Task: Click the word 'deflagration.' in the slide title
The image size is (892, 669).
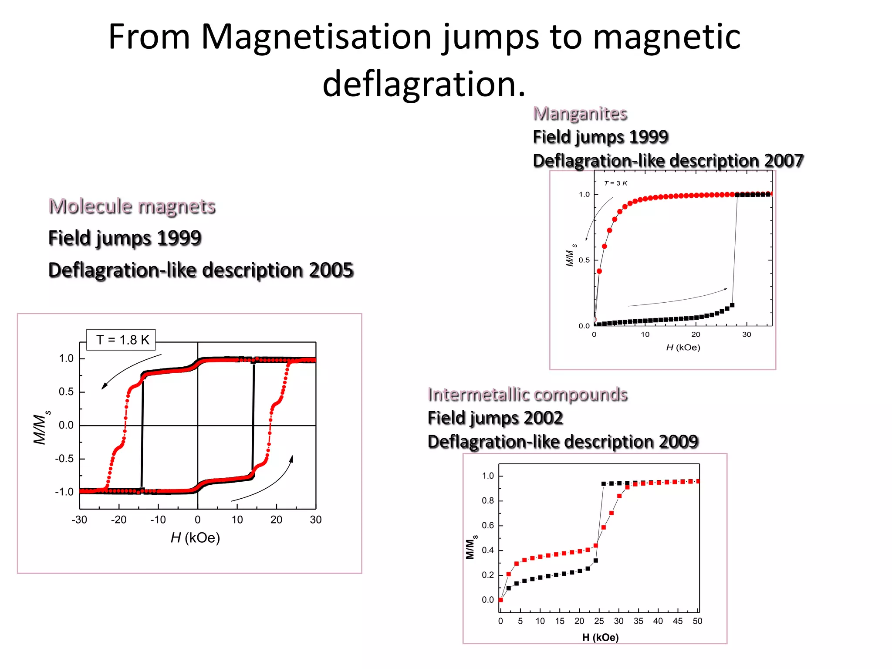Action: click(424, 84)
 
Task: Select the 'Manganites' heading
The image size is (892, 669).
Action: click(580, 114)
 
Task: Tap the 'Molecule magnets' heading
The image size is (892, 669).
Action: click(132, 206)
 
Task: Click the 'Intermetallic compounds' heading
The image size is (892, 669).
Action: click(527, 395)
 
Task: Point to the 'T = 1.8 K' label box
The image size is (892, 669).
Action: click(122, 340)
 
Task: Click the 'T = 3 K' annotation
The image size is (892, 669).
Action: click(615, 183)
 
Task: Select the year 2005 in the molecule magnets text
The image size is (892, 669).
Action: click(331, 270)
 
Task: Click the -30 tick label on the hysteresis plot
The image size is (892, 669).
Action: click(79, 520)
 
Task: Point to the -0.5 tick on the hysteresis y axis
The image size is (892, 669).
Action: click(64, 459)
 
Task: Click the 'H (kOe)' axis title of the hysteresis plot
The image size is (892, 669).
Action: click(195, 538)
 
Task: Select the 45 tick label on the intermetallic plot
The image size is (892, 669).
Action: click(678, 621)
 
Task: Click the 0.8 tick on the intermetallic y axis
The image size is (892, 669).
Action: click(488, 500)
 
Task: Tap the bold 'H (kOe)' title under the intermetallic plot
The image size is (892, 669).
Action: click(600, 638)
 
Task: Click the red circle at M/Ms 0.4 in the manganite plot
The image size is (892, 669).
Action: click(599, 271)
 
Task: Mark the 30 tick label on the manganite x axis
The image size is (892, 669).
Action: click(747, 334)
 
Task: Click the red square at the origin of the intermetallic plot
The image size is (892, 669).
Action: click(501, 600)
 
